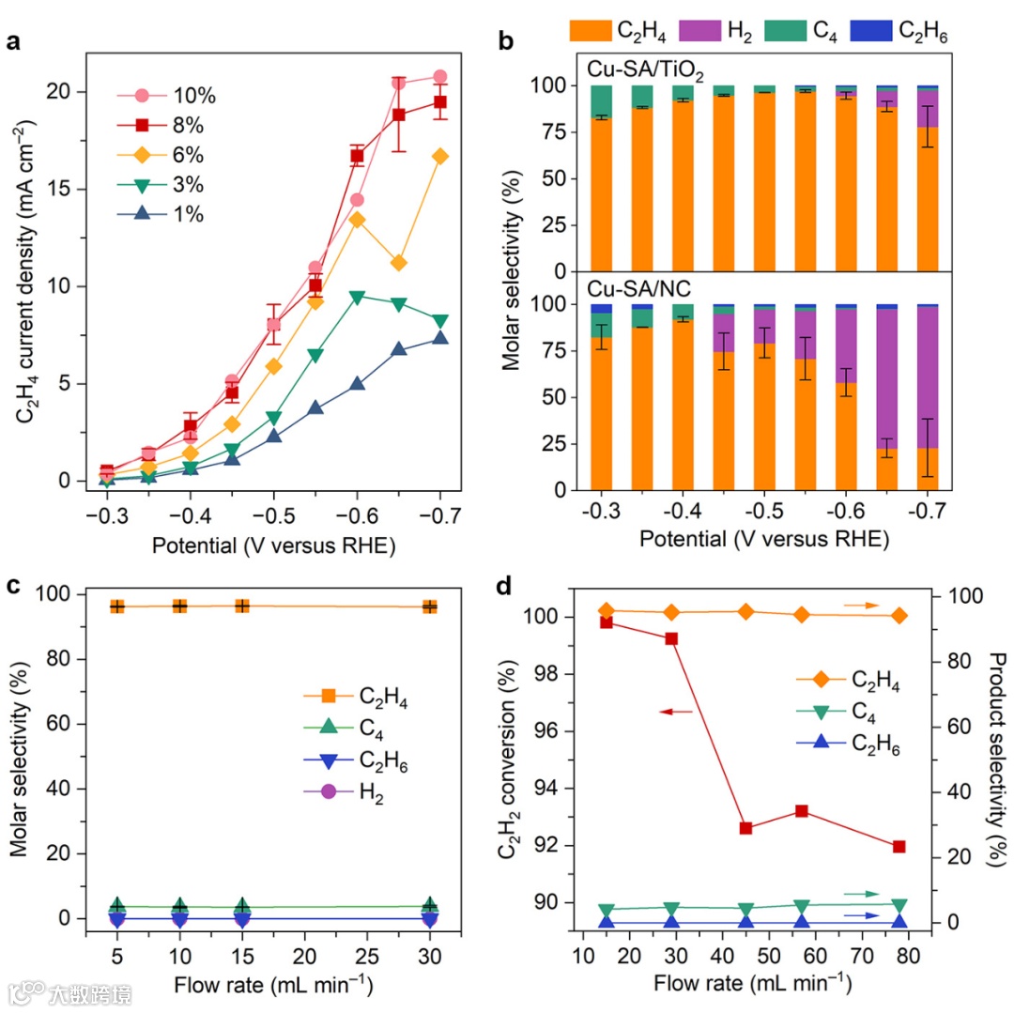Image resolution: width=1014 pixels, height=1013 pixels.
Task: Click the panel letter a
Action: [x=14, y=42]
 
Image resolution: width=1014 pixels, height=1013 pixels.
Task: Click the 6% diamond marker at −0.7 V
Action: [x=439, y=157]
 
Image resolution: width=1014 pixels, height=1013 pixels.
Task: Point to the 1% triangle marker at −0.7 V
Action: [x=439, y=338]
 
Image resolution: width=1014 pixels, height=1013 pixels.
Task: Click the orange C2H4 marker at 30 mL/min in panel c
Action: [x=430, y=606]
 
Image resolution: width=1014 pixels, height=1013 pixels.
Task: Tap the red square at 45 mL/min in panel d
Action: [x=746, y=828]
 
